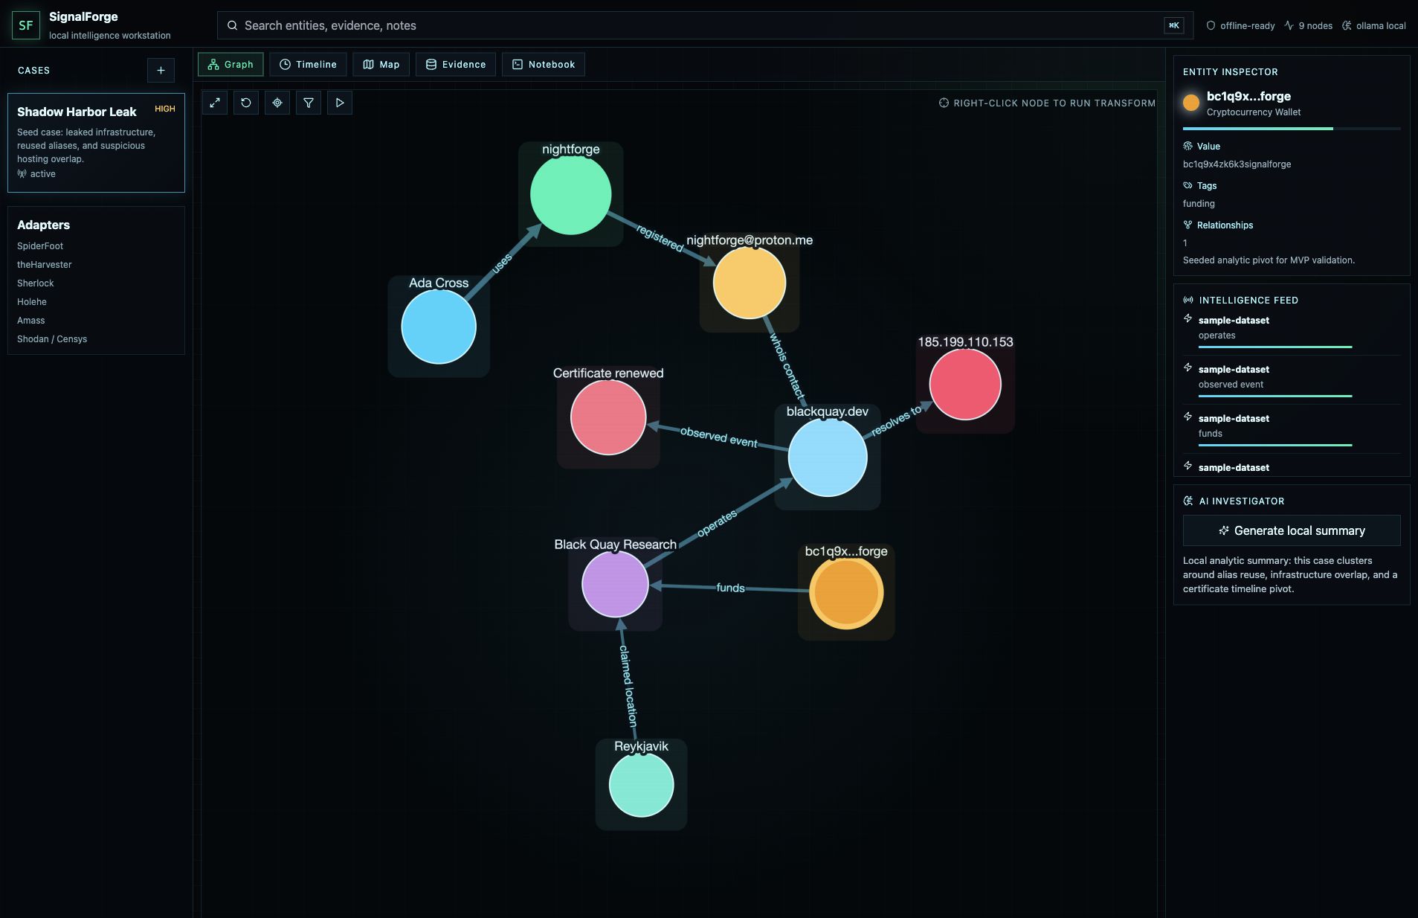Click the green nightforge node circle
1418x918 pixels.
click(x=570, y=194)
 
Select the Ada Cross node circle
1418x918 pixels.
click(x=439, y=327)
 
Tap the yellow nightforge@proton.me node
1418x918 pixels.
click(x=749, y=283)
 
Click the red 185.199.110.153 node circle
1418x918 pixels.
click(x=965, y=384)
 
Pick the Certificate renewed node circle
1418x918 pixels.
click(x=608, y=417)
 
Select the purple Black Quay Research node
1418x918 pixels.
click(x=615, y=584)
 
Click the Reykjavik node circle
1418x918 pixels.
click(x=641, y=785)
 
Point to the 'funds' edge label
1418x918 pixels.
click(x=730, y=588)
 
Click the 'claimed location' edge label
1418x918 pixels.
click(x=628, y=685)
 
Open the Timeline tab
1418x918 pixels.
click(x=308, y=65)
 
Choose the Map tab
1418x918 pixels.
click(x=381, y=65)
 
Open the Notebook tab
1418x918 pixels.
click(x=544, y=65)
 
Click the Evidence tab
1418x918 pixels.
click(x=456, y=65)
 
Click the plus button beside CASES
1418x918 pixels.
click(x=161, y=71)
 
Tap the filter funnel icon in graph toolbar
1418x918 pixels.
click(x=309, y=103)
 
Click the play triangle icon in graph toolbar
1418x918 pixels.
click(x=340, y=103)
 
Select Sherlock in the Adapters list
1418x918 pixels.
click(x=36, y=283)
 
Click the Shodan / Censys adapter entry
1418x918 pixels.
click(x=52, y=339)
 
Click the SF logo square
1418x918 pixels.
click(x=26, y=25)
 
